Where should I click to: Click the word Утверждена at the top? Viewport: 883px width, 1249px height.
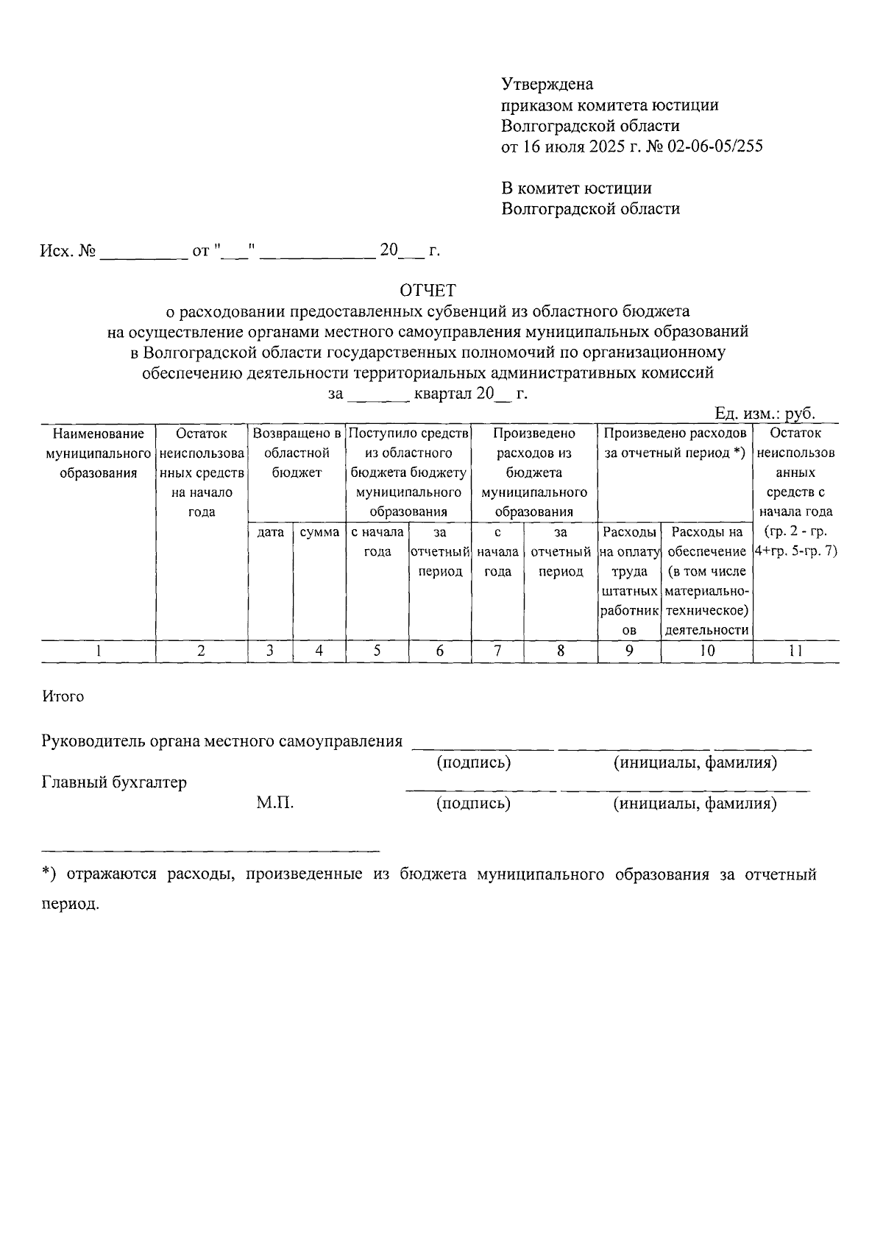click(547, 84)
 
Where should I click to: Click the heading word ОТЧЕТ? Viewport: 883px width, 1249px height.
click(428, 290)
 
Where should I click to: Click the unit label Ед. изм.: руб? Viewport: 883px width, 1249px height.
click(765, 414)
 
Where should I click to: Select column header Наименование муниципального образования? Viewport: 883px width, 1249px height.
click(98, 453)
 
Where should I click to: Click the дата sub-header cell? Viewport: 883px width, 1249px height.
click(271, 532)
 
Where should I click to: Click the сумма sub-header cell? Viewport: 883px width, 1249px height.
click(319, 532)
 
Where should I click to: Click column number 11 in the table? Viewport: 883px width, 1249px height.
click(795, 651)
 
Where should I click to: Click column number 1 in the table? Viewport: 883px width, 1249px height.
click(98, 651)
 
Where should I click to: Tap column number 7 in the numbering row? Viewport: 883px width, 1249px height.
click(497, 651)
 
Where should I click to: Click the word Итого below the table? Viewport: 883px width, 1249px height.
click(63, 696)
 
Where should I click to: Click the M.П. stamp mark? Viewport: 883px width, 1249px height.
click(275, 803)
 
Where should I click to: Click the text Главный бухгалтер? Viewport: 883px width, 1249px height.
click(114, 782)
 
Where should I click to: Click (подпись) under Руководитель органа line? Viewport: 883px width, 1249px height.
click(473, 763)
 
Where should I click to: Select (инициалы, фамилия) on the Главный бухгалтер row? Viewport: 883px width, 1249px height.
click(695, 804)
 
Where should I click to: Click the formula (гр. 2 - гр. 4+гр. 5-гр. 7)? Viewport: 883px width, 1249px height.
click(795, 541)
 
